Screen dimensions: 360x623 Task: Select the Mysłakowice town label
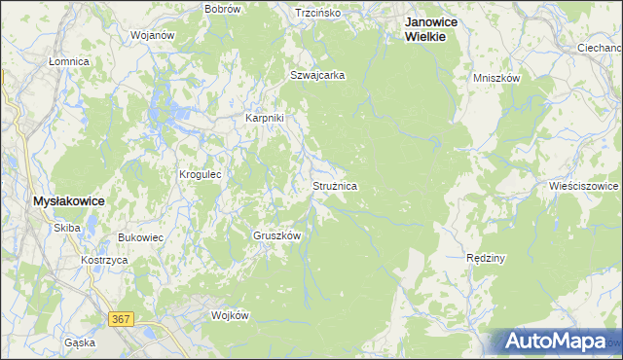coord(68,200)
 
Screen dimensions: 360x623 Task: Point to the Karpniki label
coord(264,119)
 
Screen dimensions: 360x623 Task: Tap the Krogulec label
coord(201,175)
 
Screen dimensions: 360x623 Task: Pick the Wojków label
coord(231,315)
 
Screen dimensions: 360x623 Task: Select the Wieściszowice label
coord(584,185)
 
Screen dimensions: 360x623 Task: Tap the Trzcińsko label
coord(318,13)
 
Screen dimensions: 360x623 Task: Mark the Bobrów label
coord(222,9)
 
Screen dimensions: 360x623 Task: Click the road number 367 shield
coord(121,320)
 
